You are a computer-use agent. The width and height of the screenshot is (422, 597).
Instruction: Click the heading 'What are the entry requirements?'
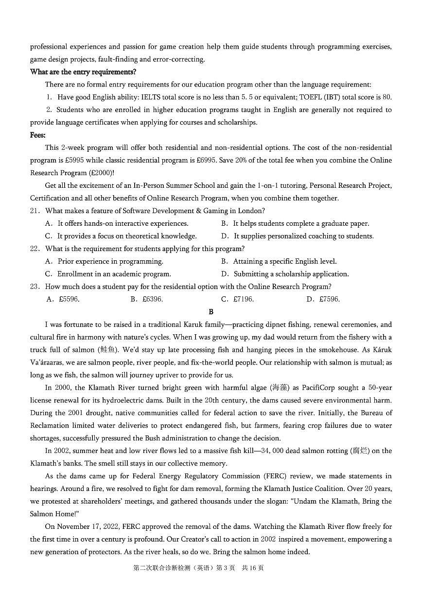83,72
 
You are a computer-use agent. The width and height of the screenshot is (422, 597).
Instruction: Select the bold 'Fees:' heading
38,135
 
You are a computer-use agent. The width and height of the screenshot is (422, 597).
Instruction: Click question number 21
35,211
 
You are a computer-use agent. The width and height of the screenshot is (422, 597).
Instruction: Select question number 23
35,287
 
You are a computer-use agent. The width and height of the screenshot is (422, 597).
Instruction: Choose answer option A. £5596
63,299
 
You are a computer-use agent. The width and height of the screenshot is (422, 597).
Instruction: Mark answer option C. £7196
237,299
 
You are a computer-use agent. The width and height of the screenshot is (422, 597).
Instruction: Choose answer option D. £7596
323,299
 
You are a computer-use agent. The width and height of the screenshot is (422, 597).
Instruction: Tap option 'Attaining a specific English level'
284,261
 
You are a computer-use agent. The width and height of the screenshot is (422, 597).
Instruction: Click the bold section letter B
211,312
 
